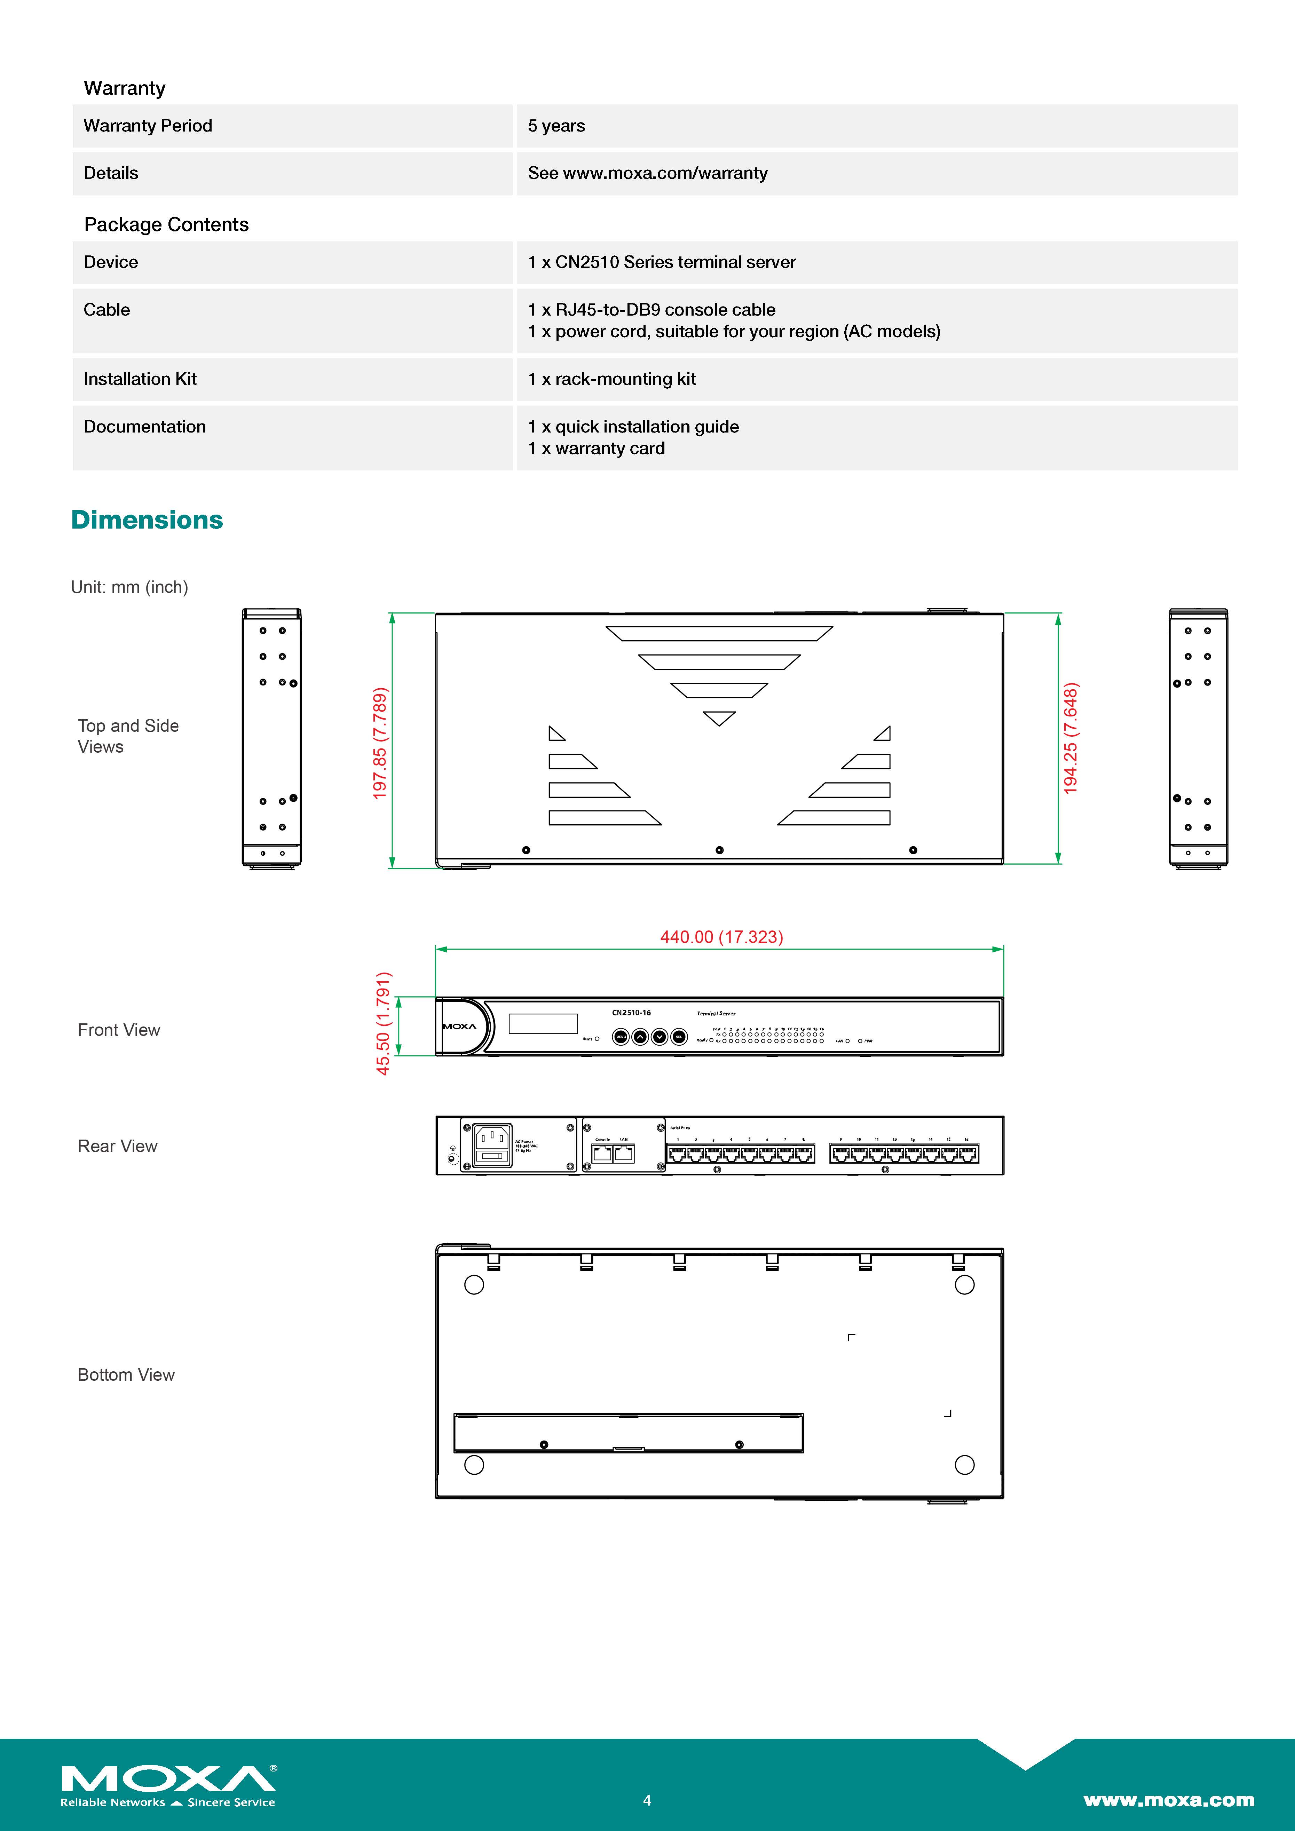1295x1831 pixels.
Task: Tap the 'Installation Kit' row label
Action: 140,379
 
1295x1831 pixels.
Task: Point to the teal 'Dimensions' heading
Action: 147,520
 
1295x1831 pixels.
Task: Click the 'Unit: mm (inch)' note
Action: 129,587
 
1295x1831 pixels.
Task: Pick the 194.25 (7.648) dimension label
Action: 1070,738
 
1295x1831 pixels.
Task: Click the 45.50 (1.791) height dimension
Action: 383,1023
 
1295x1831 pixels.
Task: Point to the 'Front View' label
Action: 119,1030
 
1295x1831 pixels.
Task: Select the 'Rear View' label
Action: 117,1146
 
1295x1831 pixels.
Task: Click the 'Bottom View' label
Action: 126,1374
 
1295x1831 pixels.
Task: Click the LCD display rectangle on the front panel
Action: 543,1023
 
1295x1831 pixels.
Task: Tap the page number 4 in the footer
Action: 647,1800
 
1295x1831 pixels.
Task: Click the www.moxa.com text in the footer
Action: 1168,1800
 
